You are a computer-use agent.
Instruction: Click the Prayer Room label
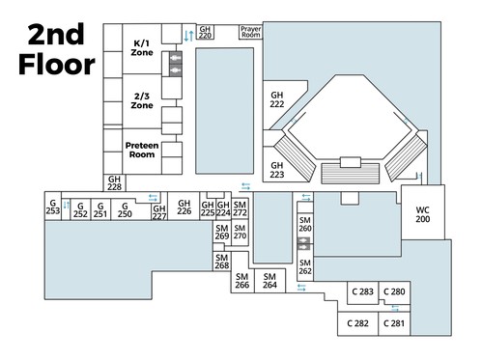(251, 32)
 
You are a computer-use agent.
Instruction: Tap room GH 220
(205, 32)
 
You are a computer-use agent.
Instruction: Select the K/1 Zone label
(142, 48)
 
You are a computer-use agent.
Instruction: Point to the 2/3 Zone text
(142, 100)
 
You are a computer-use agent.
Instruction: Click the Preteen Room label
(142, 150)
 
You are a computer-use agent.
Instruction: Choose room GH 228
(114, 183)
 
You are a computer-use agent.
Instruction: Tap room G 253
(53, 207)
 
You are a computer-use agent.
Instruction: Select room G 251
(100, 209)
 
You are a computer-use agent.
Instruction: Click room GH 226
(184, 207)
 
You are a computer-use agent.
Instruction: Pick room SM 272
(240, 208)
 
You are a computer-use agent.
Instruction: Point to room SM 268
(222, 262)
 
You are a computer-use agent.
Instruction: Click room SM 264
(269, 281)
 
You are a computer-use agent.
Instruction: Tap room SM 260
(305, 224)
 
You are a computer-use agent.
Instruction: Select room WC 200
(423, 214)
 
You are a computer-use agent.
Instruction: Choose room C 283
(362, 292)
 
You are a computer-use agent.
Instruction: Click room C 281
(394, 323)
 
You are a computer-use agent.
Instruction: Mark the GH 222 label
(277, 99)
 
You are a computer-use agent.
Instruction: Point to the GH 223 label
(277, 170)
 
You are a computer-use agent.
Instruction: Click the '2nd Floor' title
(57, 49)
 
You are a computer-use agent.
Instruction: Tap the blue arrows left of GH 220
(189, 36)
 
